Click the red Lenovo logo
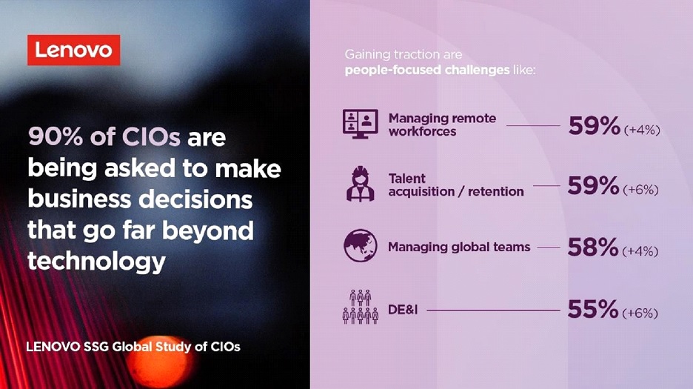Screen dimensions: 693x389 point(74,50)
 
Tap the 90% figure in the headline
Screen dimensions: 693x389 point(56,137)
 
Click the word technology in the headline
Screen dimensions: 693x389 point(96,262)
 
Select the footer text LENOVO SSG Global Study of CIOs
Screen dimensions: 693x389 point(133,347)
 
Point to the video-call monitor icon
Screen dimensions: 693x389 point(361,124)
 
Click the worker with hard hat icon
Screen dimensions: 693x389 point(361,184)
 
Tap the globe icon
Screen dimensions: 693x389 point(361,245)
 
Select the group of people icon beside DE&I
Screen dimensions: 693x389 point(361,307)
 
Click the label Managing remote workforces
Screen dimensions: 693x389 point(442,124)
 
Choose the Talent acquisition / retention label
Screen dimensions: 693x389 point(456,185)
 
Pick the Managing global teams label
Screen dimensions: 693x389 point(459,247)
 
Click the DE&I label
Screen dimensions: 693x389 point(403,309)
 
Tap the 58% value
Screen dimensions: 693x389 point(593,247)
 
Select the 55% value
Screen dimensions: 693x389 point(593,309)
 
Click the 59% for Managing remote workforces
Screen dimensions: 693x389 point(595,126)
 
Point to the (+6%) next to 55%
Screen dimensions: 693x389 point(640,313)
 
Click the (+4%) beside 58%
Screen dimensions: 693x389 point(640,251)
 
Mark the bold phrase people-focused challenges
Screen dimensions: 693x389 point(427,70)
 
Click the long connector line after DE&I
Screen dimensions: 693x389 point(493,310)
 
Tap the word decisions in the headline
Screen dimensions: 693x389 point(195,199)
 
